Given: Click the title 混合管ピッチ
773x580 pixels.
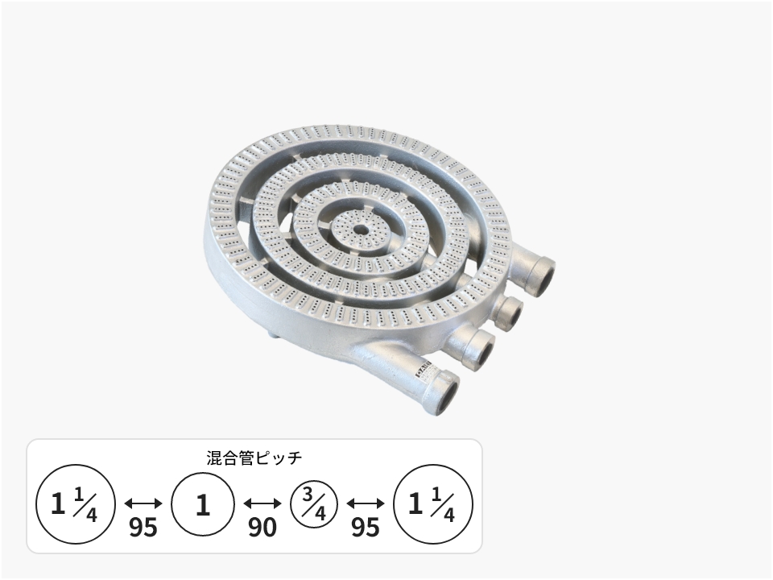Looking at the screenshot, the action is click(254, 458).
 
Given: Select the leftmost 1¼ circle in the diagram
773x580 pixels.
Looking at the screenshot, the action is click(76, 504).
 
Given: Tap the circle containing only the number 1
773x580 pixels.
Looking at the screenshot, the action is click(203, 504).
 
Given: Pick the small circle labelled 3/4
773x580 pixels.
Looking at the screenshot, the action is click(314, 504).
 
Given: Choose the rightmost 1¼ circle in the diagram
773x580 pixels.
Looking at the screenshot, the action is click(433, 504).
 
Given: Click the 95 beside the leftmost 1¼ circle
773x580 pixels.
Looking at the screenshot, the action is click(143, 527).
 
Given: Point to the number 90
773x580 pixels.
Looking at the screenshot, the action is click(262, 527).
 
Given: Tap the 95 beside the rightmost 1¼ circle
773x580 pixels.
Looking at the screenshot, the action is click(366, 527).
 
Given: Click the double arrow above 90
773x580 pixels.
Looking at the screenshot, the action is click(262, 503).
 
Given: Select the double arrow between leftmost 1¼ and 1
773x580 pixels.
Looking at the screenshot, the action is click(143, 503).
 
